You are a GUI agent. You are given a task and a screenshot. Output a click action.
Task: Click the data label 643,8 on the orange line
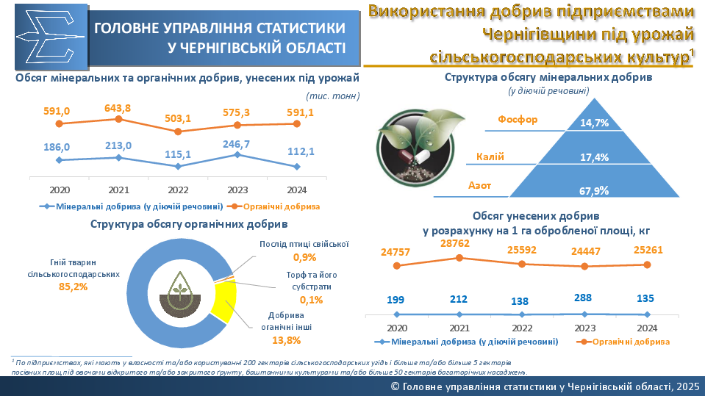click(x=118, y=109)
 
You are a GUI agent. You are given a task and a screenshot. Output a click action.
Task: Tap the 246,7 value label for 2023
click(x=237, y=144)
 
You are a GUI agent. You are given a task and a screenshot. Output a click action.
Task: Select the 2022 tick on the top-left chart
click(x=177, y=189)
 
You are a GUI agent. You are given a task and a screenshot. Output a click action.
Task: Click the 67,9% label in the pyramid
click(x=594, y=191)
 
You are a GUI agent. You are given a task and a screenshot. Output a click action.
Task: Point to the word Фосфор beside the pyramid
click(x=518, y=120)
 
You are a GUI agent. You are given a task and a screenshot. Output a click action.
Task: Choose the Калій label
click(x=490, y=156)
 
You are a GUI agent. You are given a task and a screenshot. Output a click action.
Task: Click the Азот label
click(x=479, y=186)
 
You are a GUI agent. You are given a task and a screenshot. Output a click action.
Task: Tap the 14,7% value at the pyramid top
click(x=594, y=123)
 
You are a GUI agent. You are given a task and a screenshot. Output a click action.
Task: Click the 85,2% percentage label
click(x=73, y=287)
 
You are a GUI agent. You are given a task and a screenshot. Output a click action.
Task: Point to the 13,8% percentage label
click(x=287, y=340)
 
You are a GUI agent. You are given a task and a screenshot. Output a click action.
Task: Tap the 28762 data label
click(x=459, y=243)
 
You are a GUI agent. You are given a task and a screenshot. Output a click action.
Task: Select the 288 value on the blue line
click(x=584, y=300)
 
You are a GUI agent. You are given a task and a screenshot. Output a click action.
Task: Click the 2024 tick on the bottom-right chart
click(x=647, y=328)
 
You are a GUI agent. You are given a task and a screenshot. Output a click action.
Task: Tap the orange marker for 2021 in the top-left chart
click(x=118, y=120)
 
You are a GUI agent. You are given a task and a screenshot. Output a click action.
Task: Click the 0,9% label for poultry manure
click(x=304, y=257)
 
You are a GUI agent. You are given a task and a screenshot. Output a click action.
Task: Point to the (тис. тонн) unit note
click(x=332, y=96)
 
